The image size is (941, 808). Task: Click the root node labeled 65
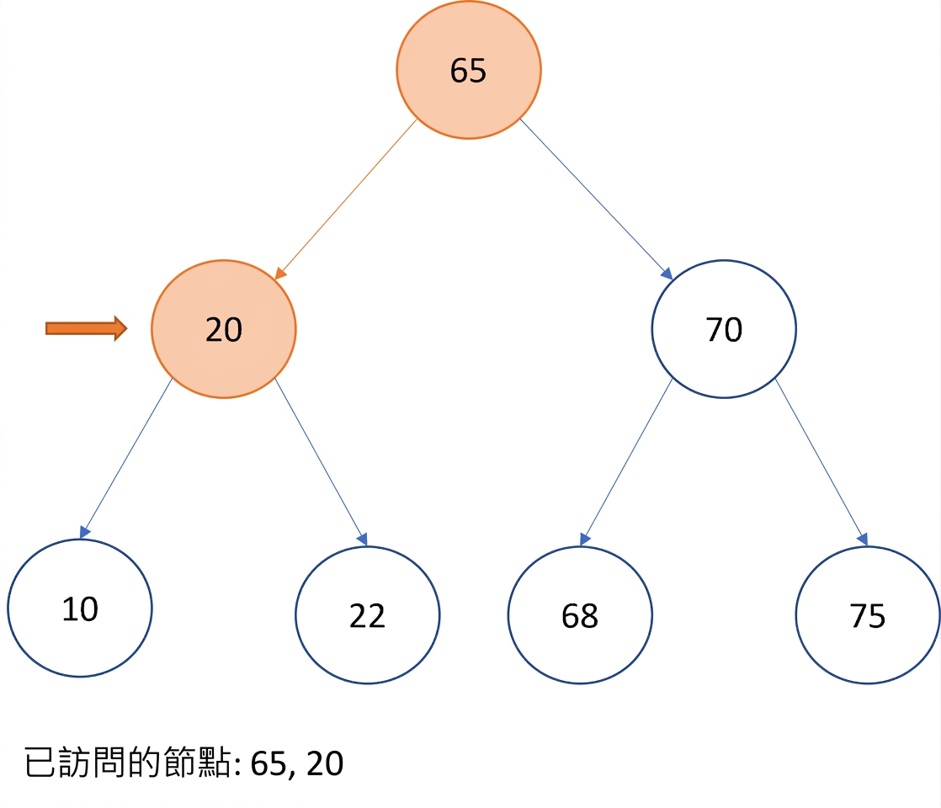click(468, 70)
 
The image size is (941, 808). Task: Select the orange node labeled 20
click(223, 329)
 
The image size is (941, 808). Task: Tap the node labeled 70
click(724, 329)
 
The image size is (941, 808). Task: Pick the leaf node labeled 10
click(80, 608)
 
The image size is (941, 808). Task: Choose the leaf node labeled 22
click(367, 614)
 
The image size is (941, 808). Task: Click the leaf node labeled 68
click(580, 614)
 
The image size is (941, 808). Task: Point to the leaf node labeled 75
click(868, 614)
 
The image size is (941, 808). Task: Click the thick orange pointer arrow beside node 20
click(87, 328)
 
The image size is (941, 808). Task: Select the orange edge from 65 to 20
click(346, 199)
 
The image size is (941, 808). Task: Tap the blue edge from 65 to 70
click(596, 199)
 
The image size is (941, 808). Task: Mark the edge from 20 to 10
click(126, 459)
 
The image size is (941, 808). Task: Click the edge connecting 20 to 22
click(321, 462)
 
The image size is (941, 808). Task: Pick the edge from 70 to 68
click(626, 462)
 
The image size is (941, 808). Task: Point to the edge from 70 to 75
click(821, 462)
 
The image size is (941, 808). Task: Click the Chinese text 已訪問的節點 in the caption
click(127, 763)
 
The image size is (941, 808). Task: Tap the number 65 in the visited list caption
click(268, 763)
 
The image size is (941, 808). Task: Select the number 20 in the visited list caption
click(325, 763)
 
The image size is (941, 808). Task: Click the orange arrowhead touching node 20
click(280, 274)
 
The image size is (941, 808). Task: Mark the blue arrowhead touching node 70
click(667, 274)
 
